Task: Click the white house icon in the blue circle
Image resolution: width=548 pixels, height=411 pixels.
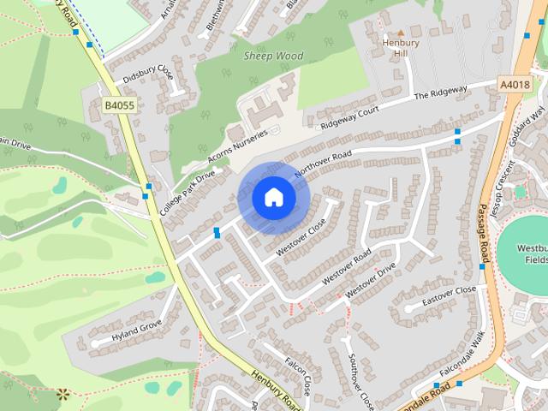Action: [x=274, y=198]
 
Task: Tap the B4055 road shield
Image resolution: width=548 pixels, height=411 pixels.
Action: [x=119, y=104]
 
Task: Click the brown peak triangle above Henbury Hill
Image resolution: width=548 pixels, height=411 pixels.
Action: [x=400, y=31]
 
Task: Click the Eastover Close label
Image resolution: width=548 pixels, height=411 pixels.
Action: [x=448, y=296]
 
